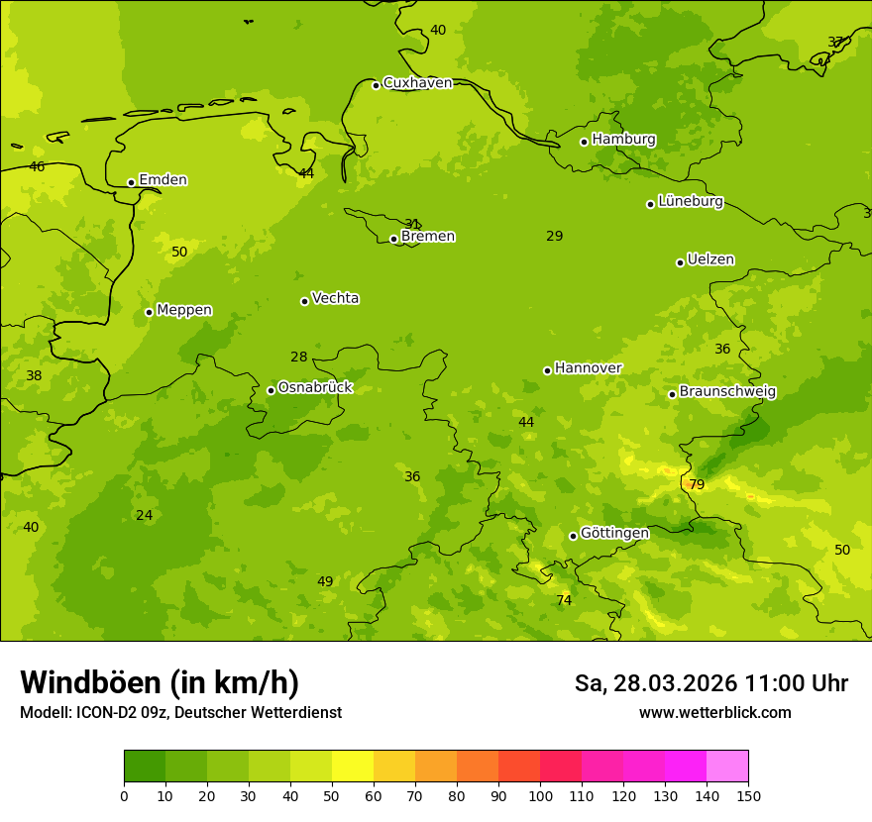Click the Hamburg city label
(x=623, y=140)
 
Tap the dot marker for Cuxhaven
(x=376, y=85)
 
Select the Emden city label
(x=163, y=180)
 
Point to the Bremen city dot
(x=393, y=239)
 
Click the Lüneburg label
(x=690, y=202)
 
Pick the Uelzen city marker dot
(x=680, y=262)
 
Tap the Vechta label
(x=335, y=298)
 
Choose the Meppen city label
(x=183, y=310)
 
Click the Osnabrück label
(x=314, y=387)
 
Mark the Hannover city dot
(x=547, y=370)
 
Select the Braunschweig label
(x=727, y=392)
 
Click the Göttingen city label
(x=614, y=533)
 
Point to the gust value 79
(x=697, y=484)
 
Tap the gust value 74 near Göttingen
(x=564, y=600)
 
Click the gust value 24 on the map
(x=145, y=515)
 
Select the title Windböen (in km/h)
(x=160, y=682)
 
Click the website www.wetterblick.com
(x=714, y=713)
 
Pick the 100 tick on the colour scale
(x=540, y=795)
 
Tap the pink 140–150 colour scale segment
(x=727, y=767)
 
